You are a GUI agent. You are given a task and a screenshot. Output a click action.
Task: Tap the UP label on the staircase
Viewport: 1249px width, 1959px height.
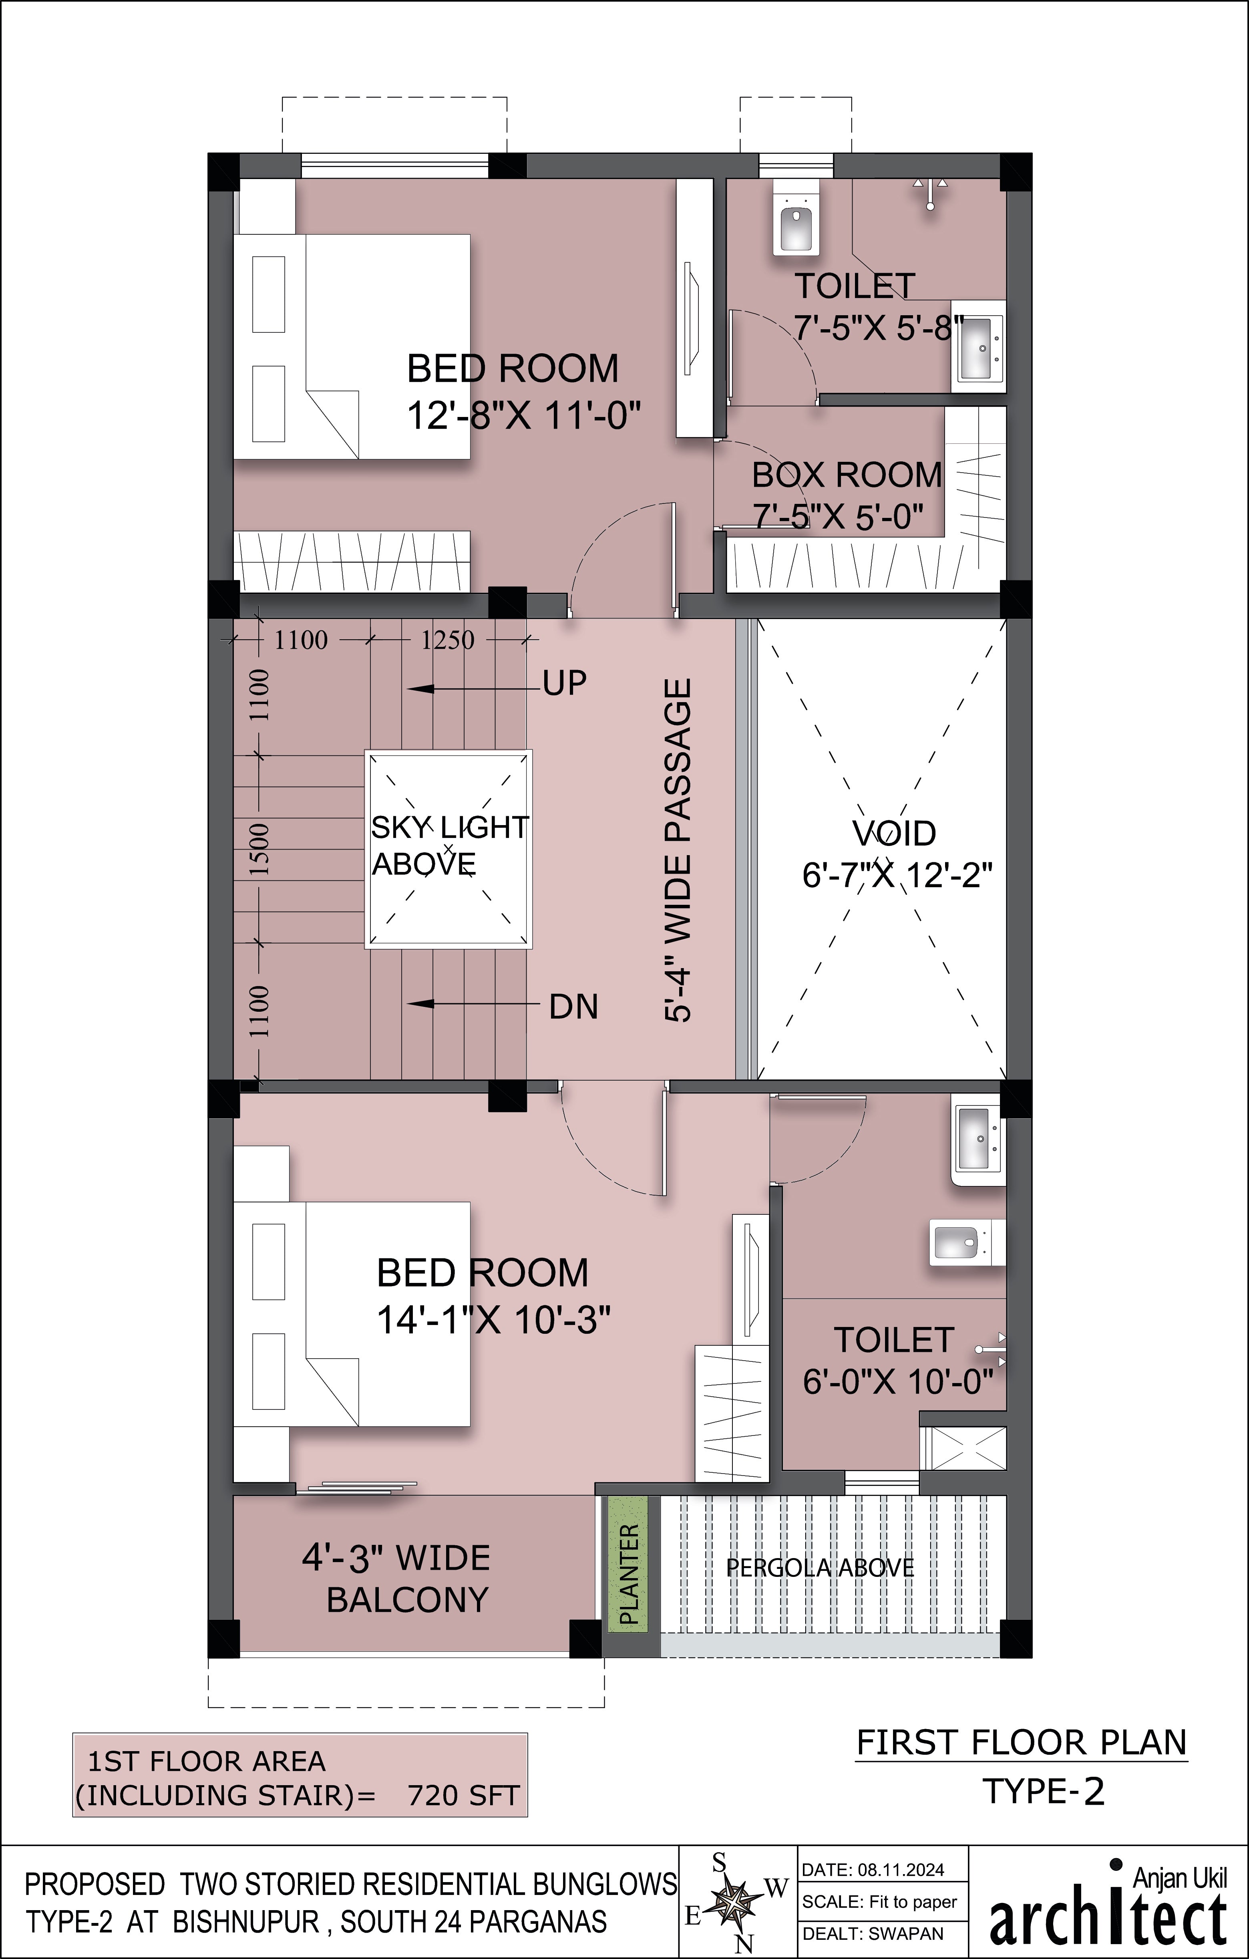(x=564, y=683)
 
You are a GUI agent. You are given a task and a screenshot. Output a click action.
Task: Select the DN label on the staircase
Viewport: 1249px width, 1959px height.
(x=573, y=1007)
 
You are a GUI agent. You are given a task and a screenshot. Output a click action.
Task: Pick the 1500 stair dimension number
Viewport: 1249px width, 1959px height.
(x=259, y=848)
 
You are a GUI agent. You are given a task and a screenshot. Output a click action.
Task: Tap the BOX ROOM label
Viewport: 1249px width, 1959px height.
(x=847, y=475)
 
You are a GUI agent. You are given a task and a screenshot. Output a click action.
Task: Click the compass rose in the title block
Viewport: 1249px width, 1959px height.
(x=736, y=1901)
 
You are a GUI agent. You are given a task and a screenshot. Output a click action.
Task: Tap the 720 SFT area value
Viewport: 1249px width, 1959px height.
(x=463, y=1796)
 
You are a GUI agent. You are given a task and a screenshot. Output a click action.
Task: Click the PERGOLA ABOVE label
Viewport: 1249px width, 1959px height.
(x=820, y=1568)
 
